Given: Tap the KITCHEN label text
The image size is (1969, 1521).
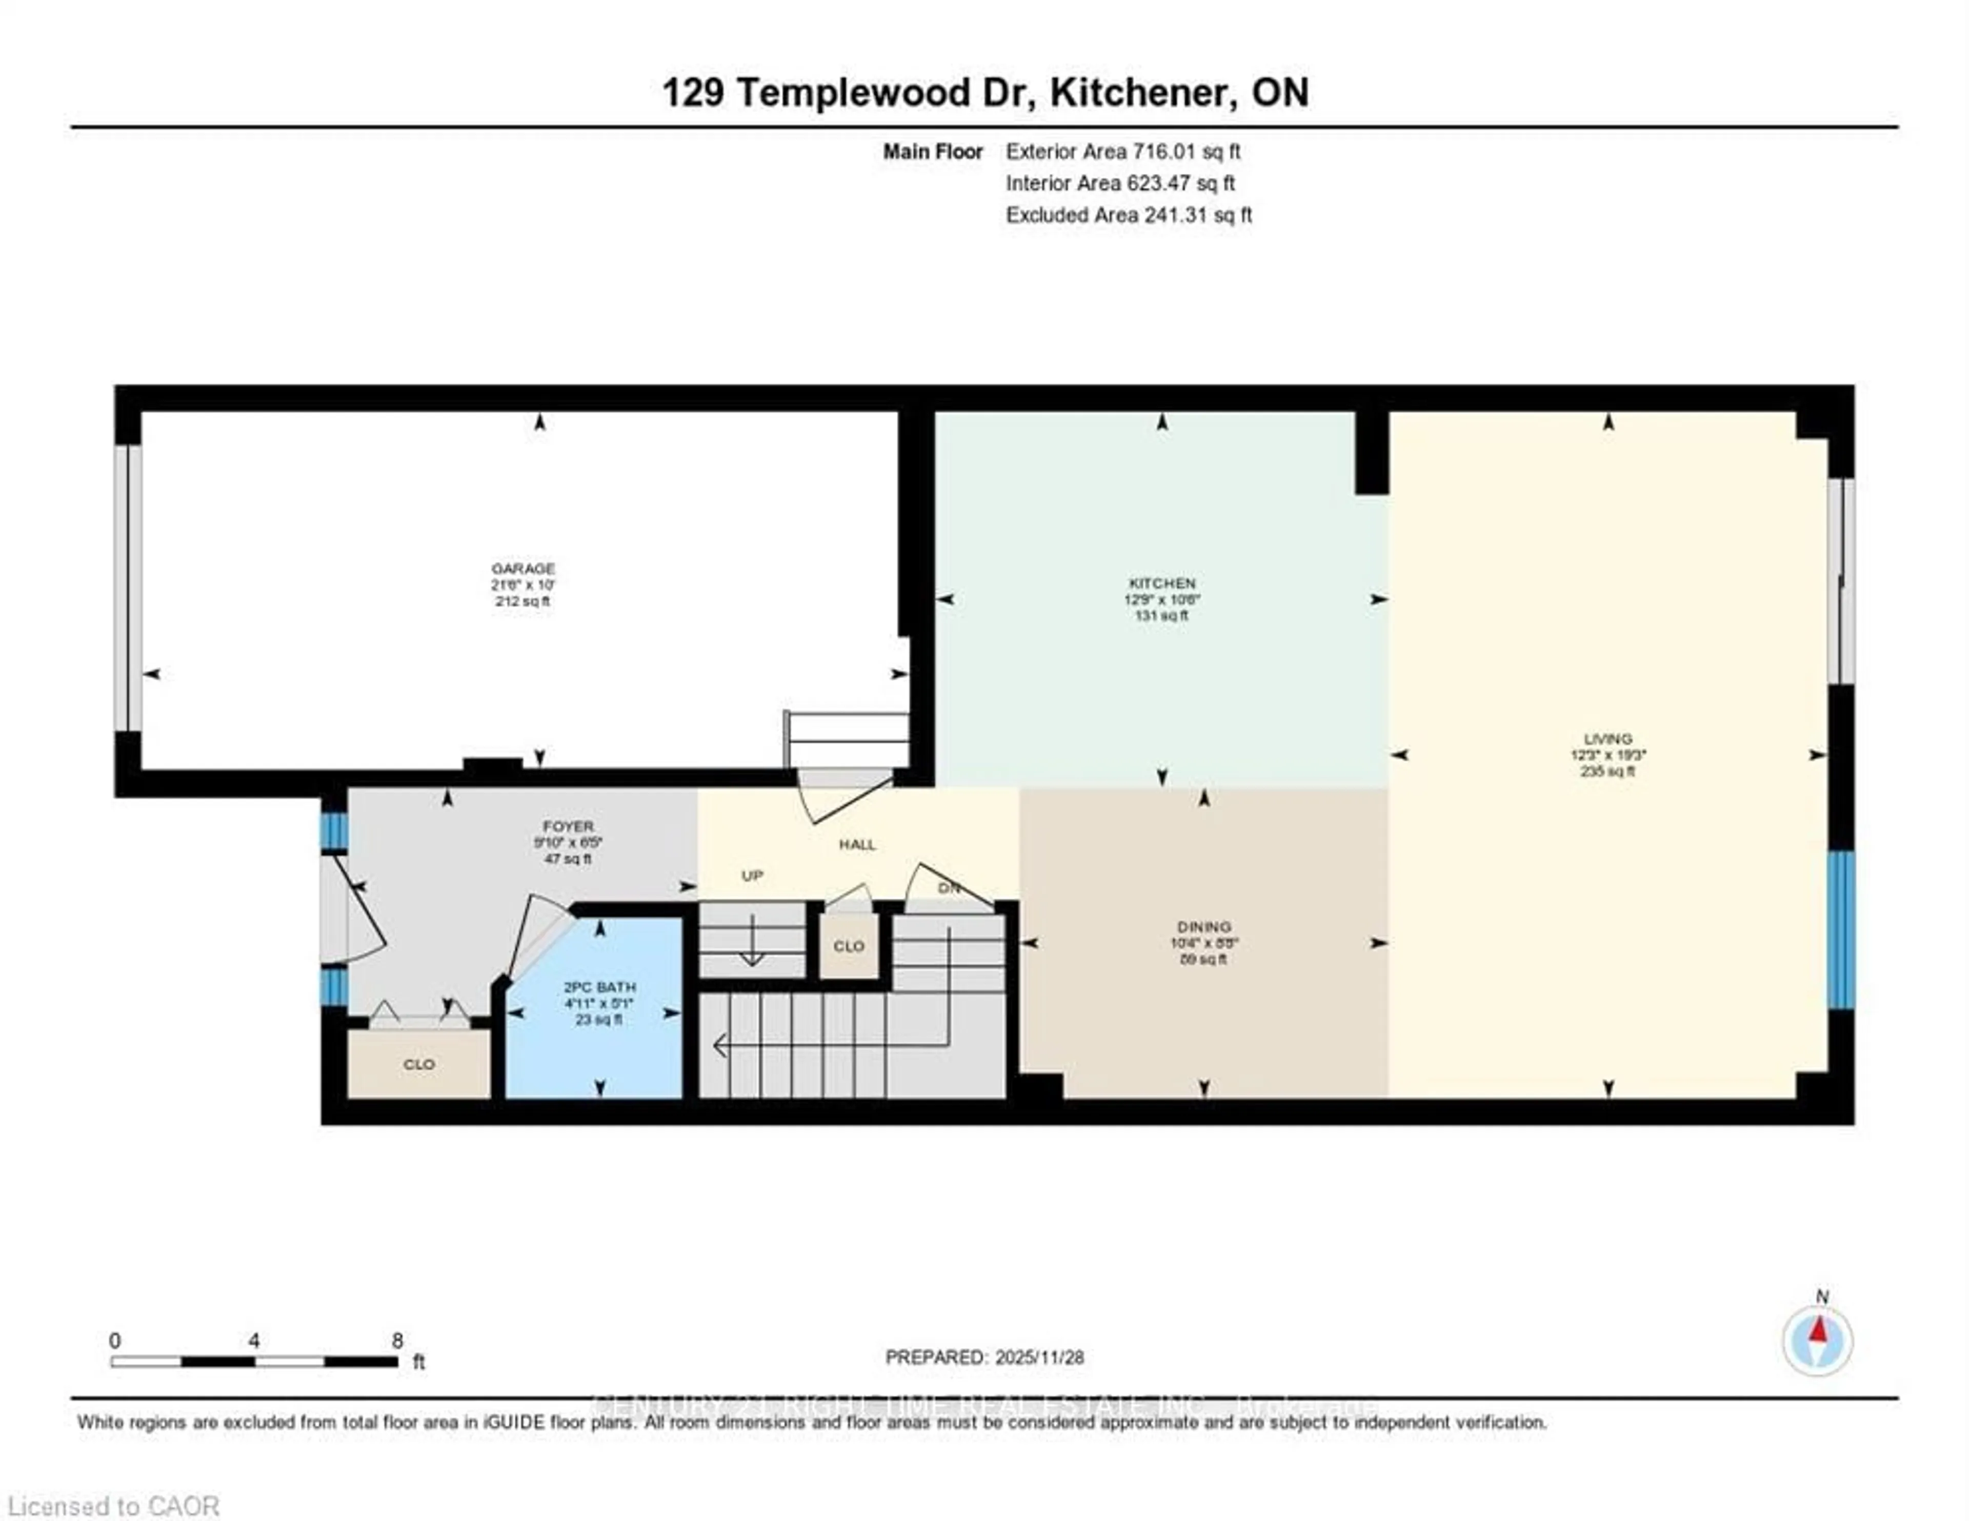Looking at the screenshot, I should point(1162,583).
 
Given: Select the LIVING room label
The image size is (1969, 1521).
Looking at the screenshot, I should point(1608,738).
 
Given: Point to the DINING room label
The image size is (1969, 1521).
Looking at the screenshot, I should point(1203,927).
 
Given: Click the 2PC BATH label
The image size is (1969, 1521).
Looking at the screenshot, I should point(599,987).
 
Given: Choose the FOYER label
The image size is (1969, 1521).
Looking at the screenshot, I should point(568,826).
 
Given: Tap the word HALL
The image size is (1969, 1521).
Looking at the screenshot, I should point(857,845).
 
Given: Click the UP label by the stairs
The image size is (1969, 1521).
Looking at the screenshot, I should point(752,876).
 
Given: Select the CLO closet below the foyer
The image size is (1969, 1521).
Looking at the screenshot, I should point(419,1065).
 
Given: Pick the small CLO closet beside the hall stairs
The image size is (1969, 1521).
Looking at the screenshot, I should point(849,946).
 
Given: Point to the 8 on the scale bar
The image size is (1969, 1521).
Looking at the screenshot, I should point(397,1341).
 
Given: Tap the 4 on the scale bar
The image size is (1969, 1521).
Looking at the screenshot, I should point(254,1341).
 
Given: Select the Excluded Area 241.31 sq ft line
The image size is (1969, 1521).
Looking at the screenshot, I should point(1129,215).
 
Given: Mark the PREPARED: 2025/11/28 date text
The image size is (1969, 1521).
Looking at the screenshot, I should point(985,1357).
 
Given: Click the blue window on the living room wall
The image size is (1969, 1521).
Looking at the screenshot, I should point(1840,929).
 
